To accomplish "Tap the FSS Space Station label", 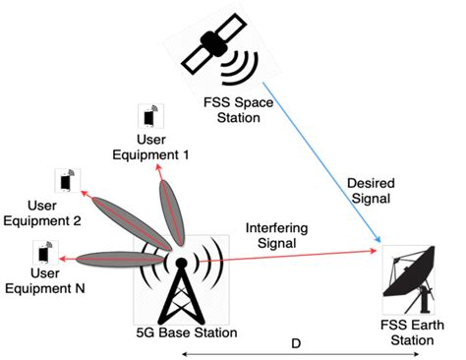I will [226, 109].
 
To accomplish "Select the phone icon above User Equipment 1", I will [149, 117].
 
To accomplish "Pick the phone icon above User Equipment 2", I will [67, 181].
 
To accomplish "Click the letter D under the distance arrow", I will [296, 344].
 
